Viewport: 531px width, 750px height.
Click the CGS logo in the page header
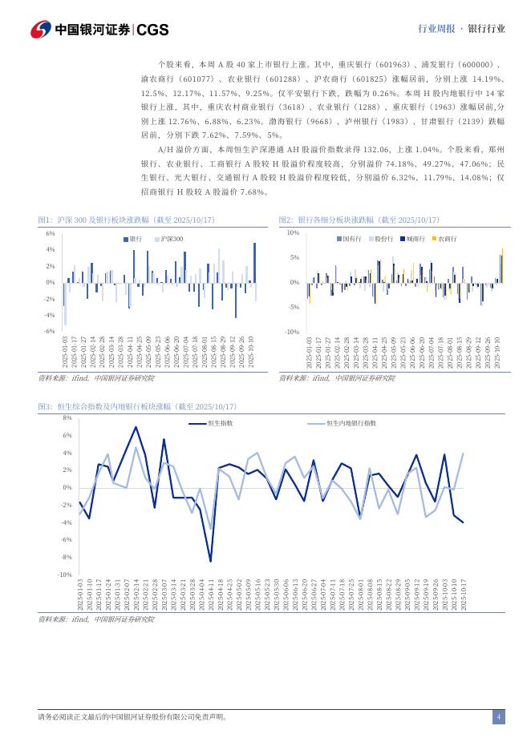[152, 30]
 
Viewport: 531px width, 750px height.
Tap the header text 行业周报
[437, 29]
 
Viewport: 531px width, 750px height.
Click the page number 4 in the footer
[498, 717]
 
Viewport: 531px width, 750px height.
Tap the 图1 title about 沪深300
[127, 220]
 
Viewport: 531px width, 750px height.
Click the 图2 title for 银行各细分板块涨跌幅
[359, 220]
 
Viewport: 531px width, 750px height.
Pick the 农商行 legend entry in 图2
[446, 239]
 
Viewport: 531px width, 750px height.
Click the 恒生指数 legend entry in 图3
[220, 422]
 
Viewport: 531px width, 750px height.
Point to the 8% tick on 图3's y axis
[67, 418]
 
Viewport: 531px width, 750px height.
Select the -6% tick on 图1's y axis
[49, 331]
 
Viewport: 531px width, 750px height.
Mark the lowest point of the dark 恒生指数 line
[210, 561]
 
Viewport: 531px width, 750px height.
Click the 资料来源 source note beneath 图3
[96, 619]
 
